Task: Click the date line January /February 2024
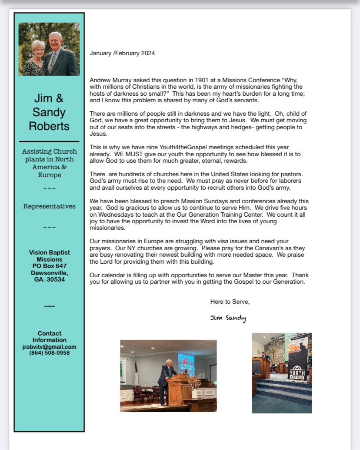pos(122,53)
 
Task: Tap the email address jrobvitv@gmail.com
pos(49,346)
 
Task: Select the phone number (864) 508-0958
pos(49,353)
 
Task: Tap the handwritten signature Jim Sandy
pos(228,318)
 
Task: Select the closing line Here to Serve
pos(230,302)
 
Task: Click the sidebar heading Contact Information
pos(49,336)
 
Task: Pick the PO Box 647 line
pos(49,266)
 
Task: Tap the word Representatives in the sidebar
pos(49,206)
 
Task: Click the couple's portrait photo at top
pos(49,49)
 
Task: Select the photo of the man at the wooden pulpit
pos(168,376)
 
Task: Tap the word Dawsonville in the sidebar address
pos(49,273)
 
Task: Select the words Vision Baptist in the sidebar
pos(49,252)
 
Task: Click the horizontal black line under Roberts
pos(49,141)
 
